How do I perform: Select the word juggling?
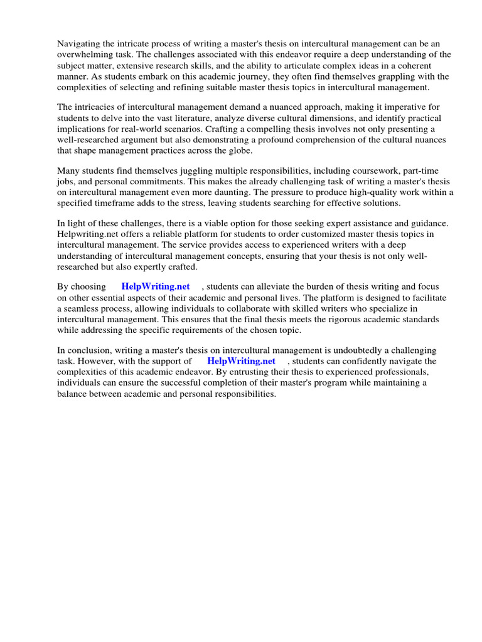[x=189, y=171]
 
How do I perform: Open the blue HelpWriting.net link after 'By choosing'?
[x=156, y=287]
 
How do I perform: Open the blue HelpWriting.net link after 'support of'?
[x=241, y=361]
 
